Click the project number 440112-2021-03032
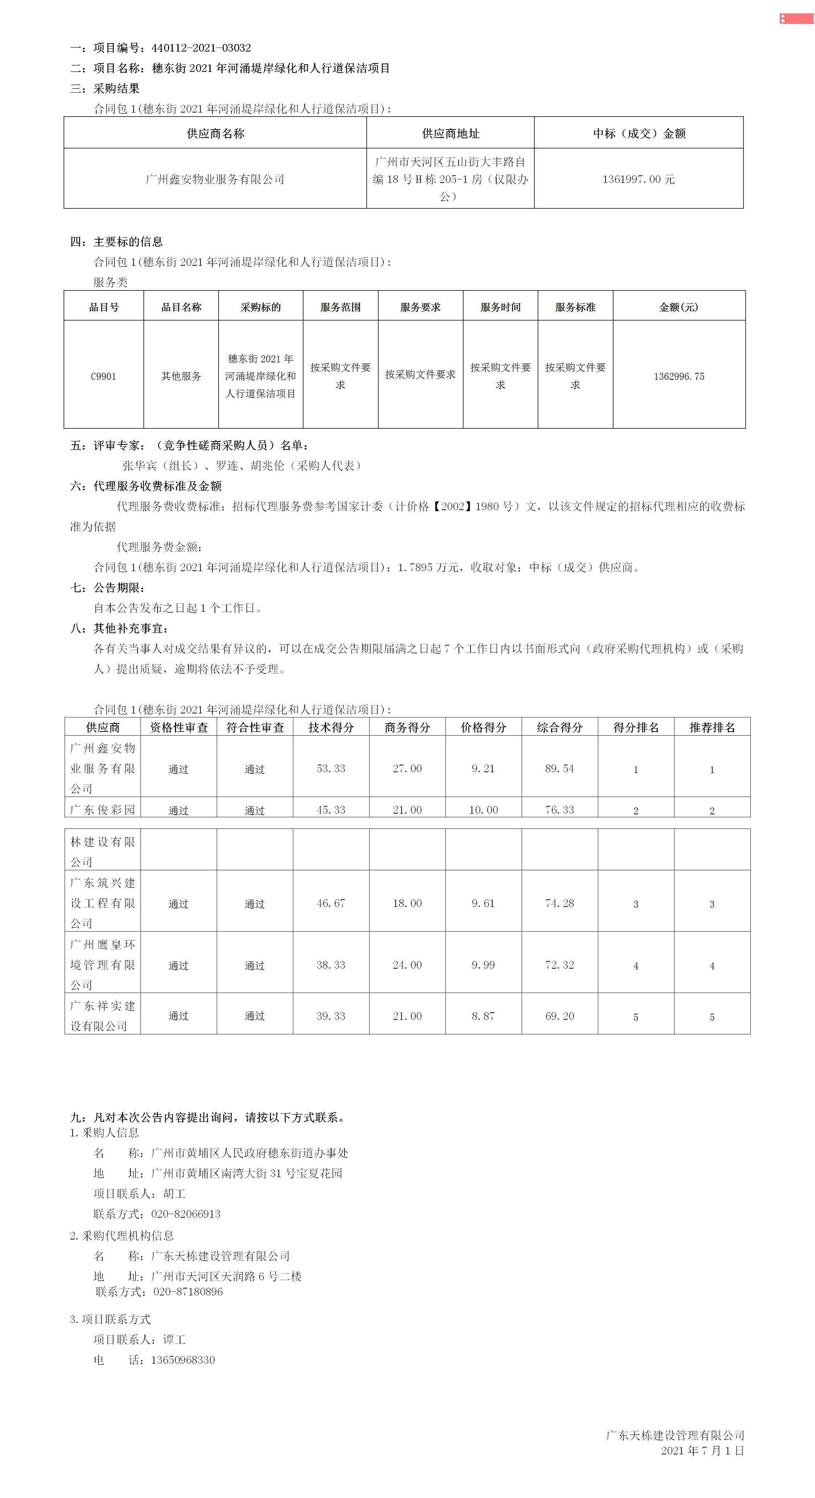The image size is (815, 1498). (x=201, y=48)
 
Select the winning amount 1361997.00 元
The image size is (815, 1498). (x=638, y=179)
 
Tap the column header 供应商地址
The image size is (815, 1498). (x=451, y=134)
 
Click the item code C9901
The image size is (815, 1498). (x=103, y=376)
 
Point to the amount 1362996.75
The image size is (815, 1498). (x=679, y=376)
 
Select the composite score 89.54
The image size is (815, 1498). (x=559, y=768)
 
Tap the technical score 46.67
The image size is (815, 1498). (x=331, y=903)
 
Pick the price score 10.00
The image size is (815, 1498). (x=484, y=810)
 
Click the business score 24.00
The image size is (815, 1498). (x=407, y=965)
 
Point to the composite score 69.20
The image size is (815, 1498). (x=559, y=1016)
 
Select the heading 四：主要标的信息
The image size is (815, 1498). (x=117, y=242)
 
